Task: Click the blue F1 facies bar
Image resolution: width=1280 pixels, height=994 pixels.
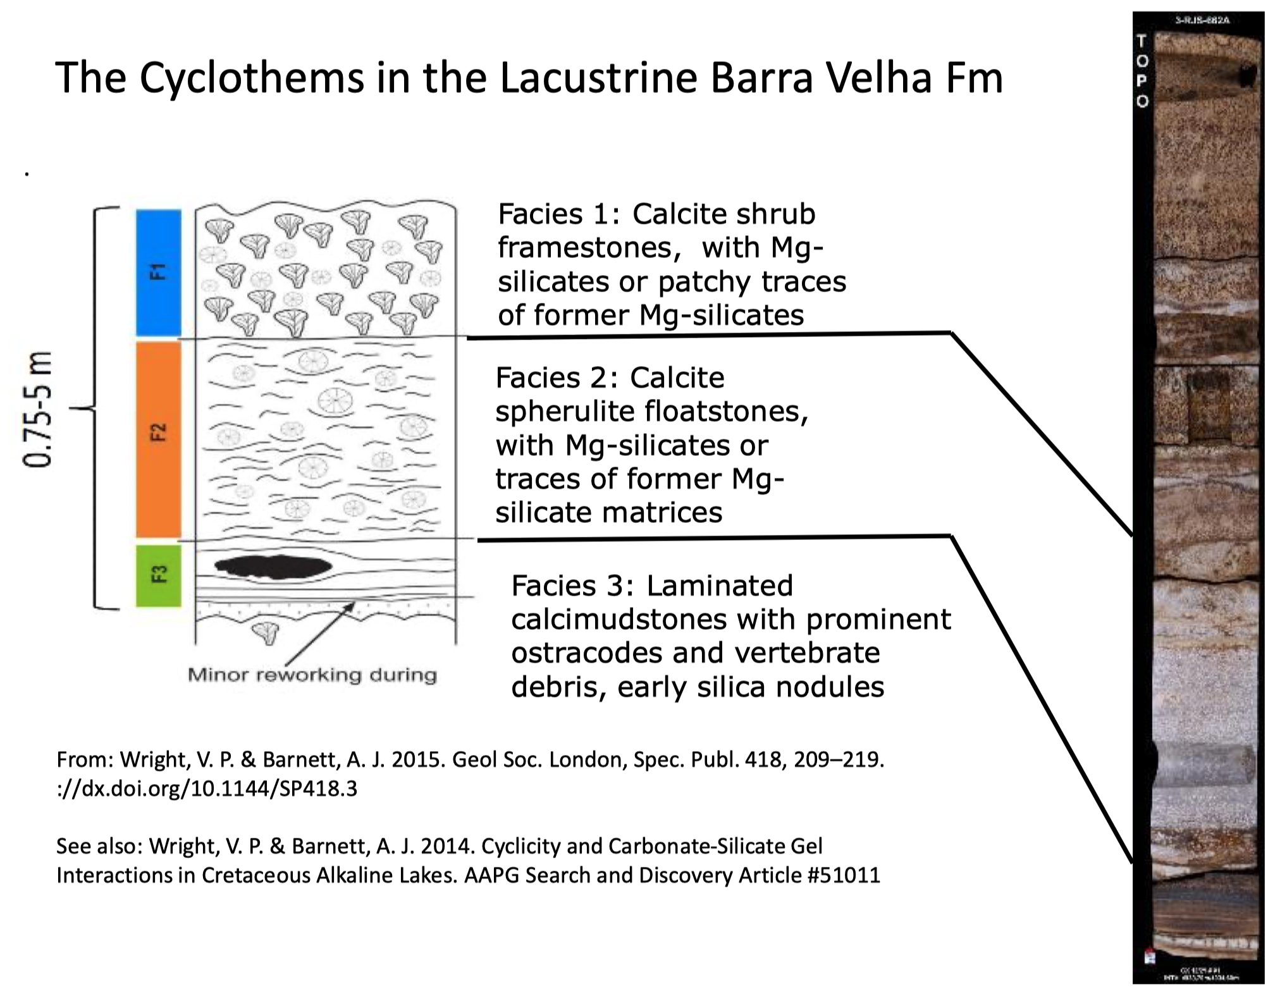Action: (158, 273)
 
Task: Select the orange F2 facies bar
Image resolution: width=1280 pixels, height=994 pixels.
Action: (158, 439)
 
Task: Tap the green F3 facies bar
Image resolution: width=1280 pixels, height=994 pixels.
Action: (158, 575)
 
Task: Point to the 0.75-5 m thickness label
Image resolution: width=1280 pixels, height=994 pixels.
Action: (37, 409)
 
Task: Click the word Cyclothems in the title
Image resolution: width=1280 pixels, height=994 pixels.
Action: (252, 78)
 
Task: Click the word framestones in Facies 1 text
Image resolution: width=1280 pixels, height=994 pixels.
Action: (588, 248)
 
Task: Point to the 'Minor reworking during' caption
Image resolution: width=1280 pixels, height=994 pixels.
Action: (312, 675)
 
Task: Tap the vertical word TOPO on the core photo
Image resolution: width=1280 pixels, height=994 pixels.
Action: (1142, 71)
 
